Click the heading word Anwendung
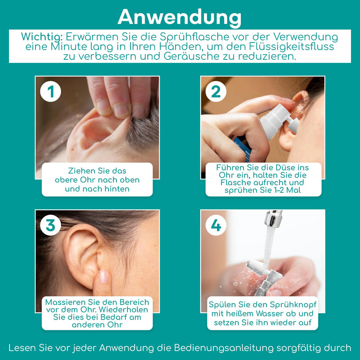point(180,17)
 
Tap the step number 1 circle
point(50,91)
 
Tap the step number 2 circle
point(216,91)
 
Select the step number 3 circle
point(50,225)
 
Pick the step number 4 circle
point(216,225)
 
